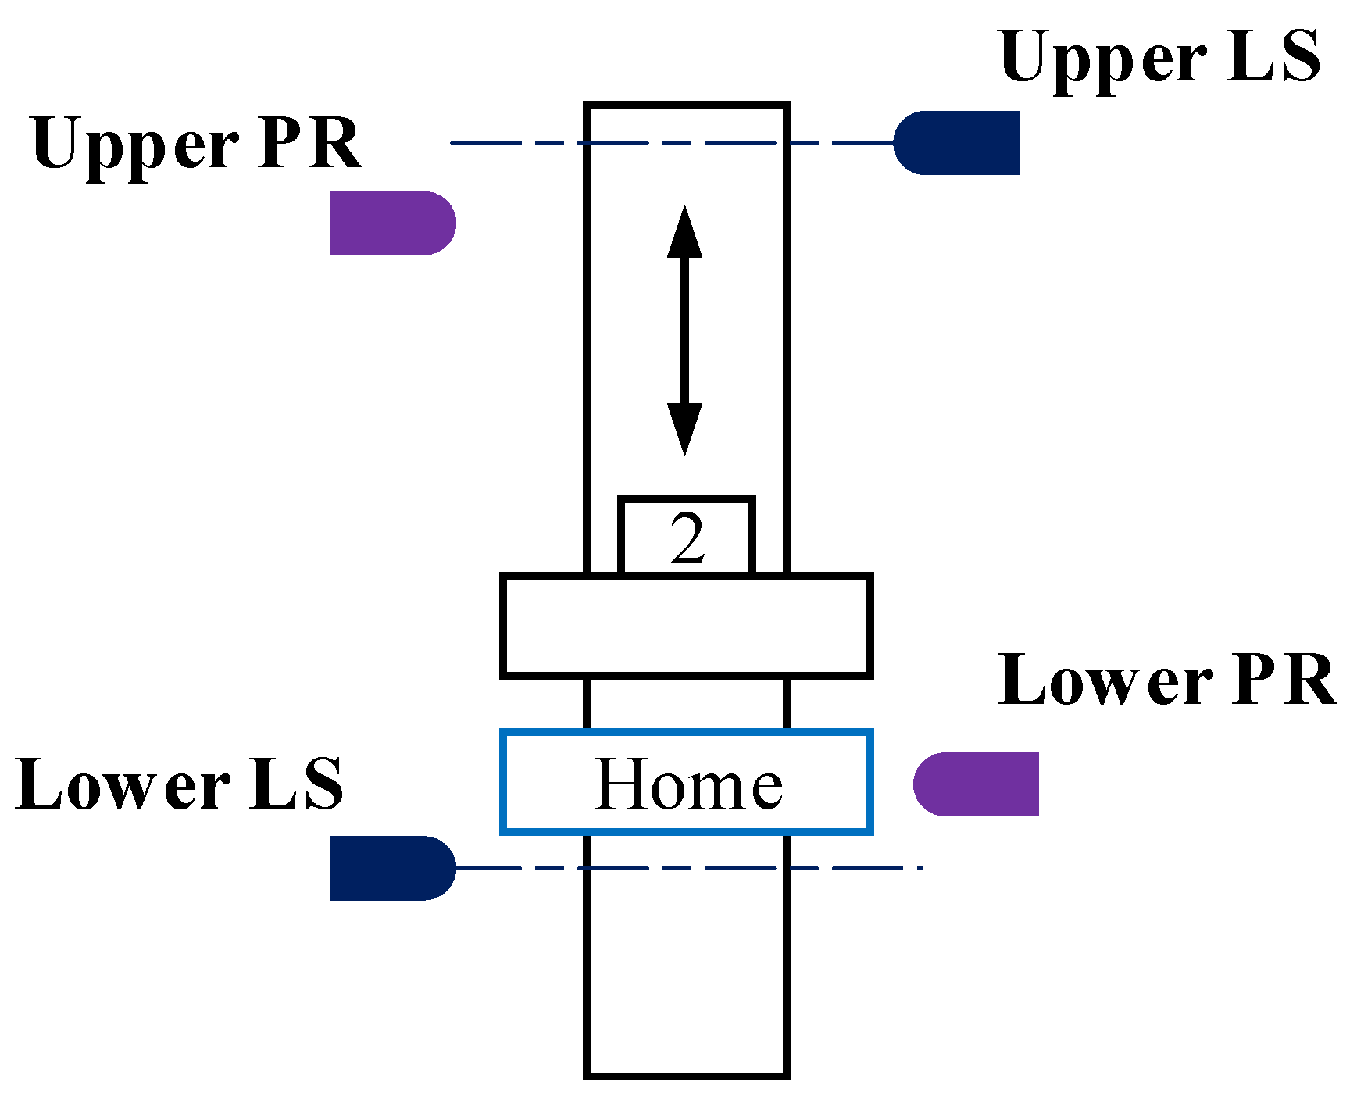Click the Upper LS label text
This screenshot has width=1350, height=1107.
point(1159,59)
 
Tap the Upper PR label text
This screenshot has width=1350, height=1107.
point(196,145)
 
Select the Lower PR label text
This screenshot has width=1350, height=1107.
point(1167,681)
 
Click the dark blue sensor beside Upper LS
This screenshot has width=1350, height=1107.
point(958,143)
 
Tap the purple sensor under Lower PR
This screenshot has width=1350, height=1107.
point(977,784)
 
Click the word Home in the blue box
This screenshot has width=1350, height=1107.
point(687,784)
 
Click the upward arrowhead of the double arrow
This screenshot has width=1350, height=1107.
point(685,231)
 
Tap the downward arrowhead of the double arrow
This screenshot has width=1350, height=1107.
point(685,429)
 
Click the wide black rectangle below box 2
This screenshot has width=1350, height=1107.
point(686,625)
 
